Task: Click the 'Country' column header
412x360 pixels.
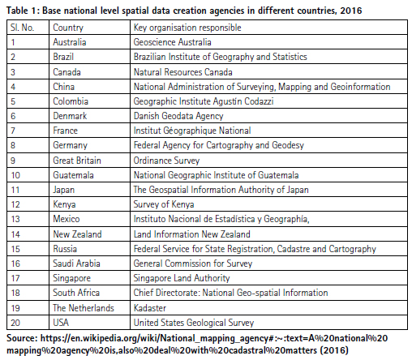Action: pyautogui.click(x=68, y=28)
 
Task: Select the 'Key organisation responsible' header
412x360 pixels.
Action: pyautogui.click(x=187, y=28)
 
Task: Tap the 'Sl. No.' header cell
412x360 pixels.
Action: pyautogui.click(x=22, y=28)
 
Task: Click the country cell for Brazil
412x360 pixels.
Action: pyautogui.click(x=63, y=57)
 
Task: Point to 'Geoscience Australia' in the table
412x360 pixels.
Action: pyautogui.click(x=172, y=42)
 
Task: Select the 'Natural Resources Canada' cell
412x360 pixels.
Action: pyautogui.click(x=183, y=72)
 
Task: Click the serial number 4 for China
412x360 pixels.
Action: pyautogui.click(x=13, y=87)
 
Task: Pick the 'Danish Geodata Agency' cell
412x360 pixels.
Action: pyautogui.click(x=178, y=116)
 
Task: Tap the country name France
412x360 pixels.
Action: pyautogui.click(x=65, y=131)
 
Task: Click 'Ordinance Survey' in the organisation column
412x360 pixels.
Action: pyautogui.click(x=166, y=161)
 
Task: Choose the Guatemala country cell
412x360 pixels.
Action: pyautogui.click(x=73, y=175)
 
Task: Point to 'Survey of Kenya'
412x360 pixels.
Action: pyautogui.click(x=164, y=204)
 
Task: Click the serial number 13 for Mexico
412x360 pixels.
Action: pyautogui.click(x=15, y=219)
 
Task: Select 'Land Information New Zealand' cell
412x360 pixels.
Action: pyautogui.click(x=192, y=234)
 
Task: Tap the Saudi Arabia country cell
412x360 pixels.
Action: pyautogui.click(x=76, y=264)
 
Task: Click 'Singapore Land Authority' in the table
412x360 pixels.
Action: pyautogui.click(x=182, y=278)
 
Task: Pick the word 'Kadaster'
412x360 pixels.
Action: pyautogui.click(x=150, y=308)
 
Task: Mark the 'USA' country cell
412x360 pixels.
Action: pyautogui.click(x=61, y=323)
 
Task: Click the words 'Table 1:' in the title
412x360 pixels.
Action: pyautogui.click(x=23, y=11)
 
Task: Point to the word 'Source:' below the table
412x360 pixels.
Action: pyautogui.click(x=22, y=338)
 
